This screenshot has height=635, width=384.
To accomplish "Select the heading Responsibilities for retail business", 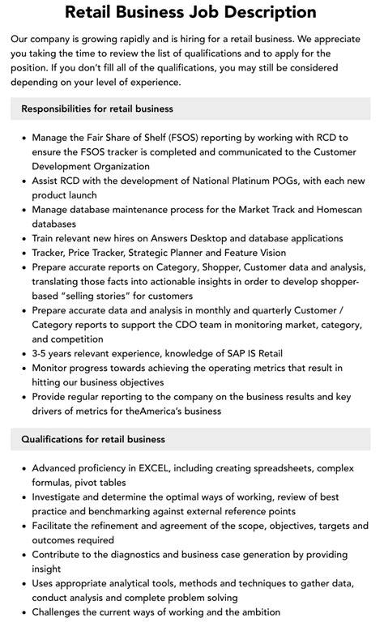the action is click(97, 109).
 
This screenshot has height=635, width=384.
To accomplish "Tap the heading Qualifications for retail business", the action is click(93, 439).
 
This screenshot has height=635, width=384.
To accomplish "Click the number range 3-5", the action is click(41, 352).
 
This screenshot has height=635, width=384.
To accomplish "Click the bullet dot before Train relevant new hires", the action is click(23, 239).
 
